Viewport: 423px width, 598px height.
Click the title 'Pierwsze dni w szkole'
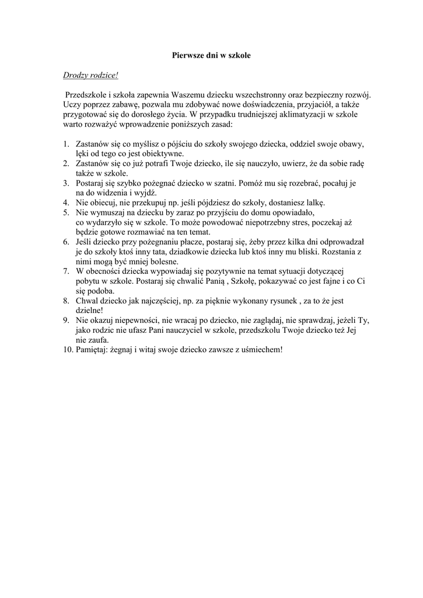pyautogui.click(x=211, y=55)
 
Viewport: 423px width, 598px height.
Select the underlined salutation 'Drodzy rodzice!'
pyautogui.click(x=90, y=75)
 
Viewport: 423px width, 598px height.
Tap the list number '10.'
pyautogui.click(x=67, y=350)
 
